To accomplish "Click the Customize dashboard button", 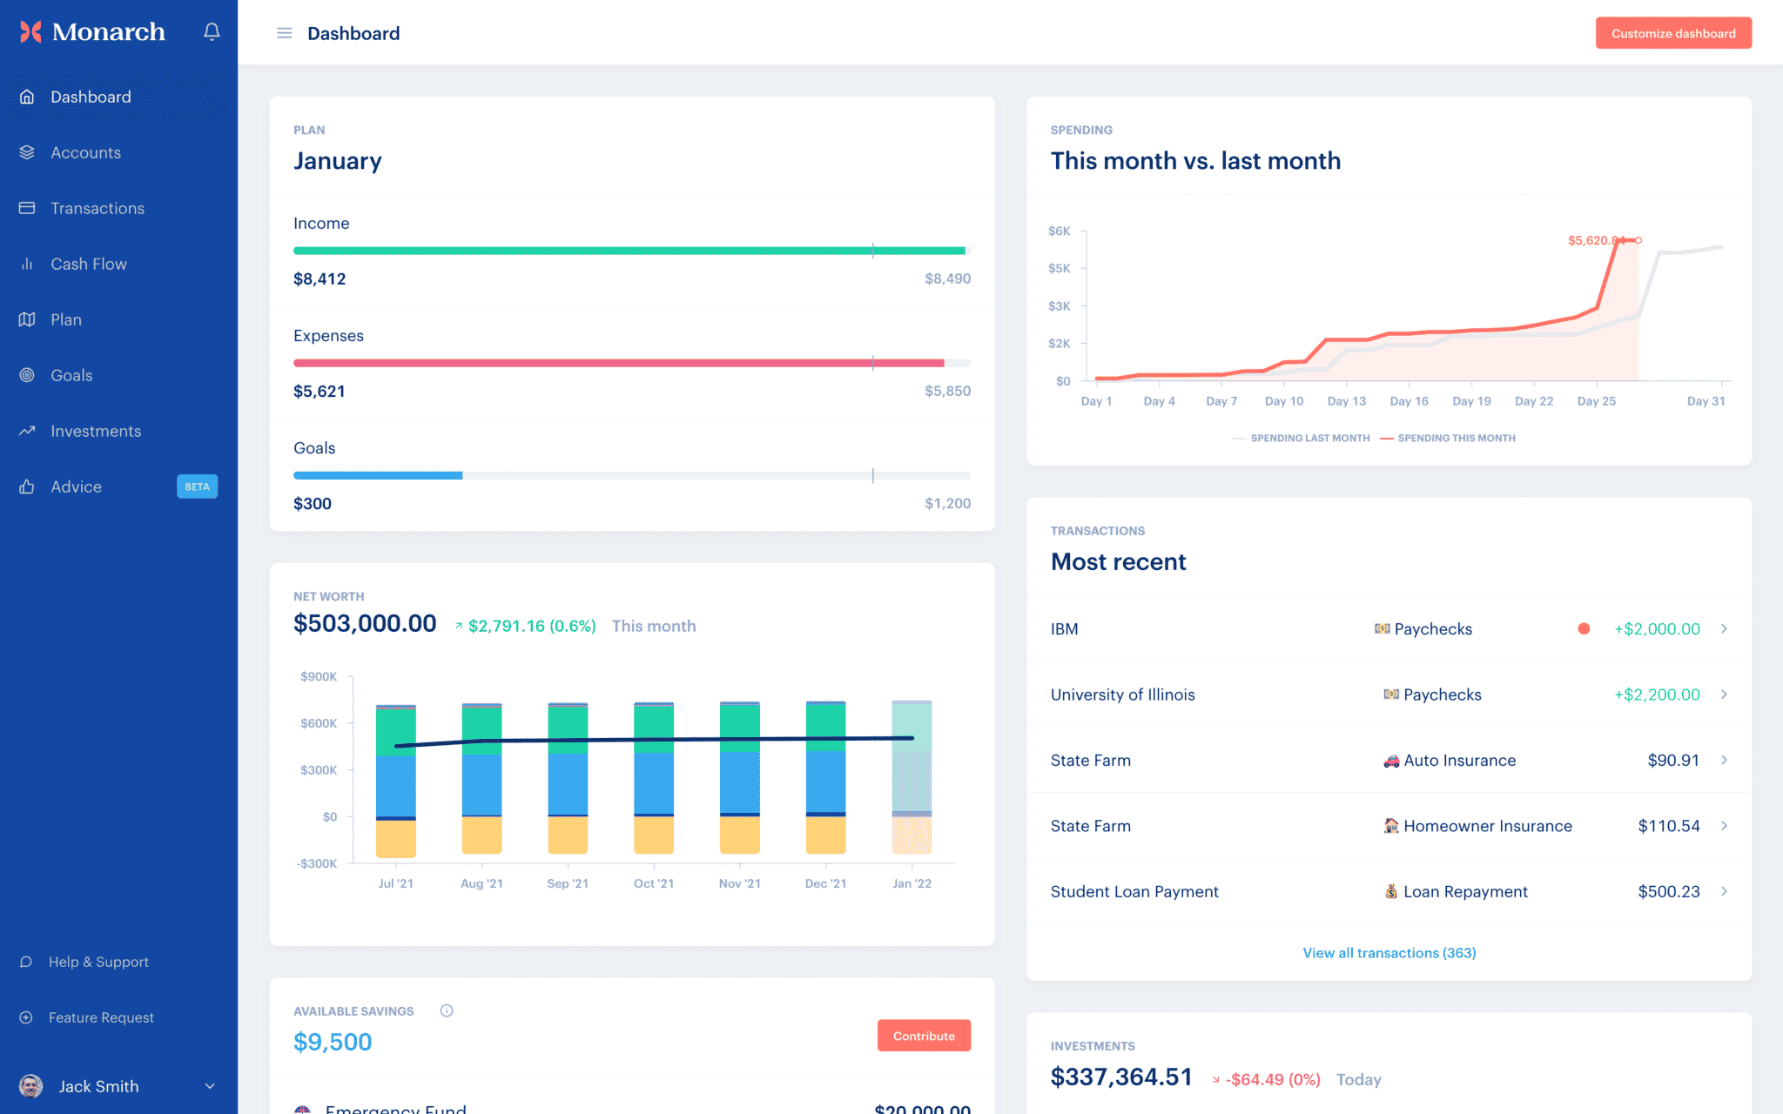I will click(1672, 33).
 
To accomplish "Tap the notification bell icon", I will click(212, 32).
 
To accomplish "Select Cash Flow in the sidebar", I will click(88, 264).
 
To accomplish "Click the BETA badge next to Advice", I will click(197, 487).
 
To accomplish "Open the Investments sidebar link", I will click(95, 431).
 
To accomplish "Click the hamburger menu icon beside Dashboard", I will click(284, 33).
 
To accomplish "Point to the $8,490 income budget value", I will click(947, 278).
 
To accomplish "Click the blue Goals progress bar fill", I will click(378, 475).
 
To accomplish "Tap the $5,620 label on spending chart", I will click(1591, 240).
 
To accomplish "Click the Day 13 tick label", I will click(1346, 401).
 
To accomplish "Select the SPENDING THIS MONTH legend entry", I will click(1455, 438).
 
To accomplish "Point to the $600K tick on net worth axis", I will click(319, 723).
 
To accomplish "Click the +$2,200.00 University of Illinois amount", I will click(1656, 695).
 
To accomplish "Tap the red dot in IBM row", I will click(1584, 628).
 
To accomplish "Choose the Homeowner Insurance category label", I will click(1487, 826).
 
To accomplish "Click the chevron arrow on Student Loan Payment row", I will click(1724, 891).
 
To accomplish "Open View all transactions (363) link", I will click(1389, 953).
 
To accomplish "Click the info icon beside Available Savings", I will click(447, 1010).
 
